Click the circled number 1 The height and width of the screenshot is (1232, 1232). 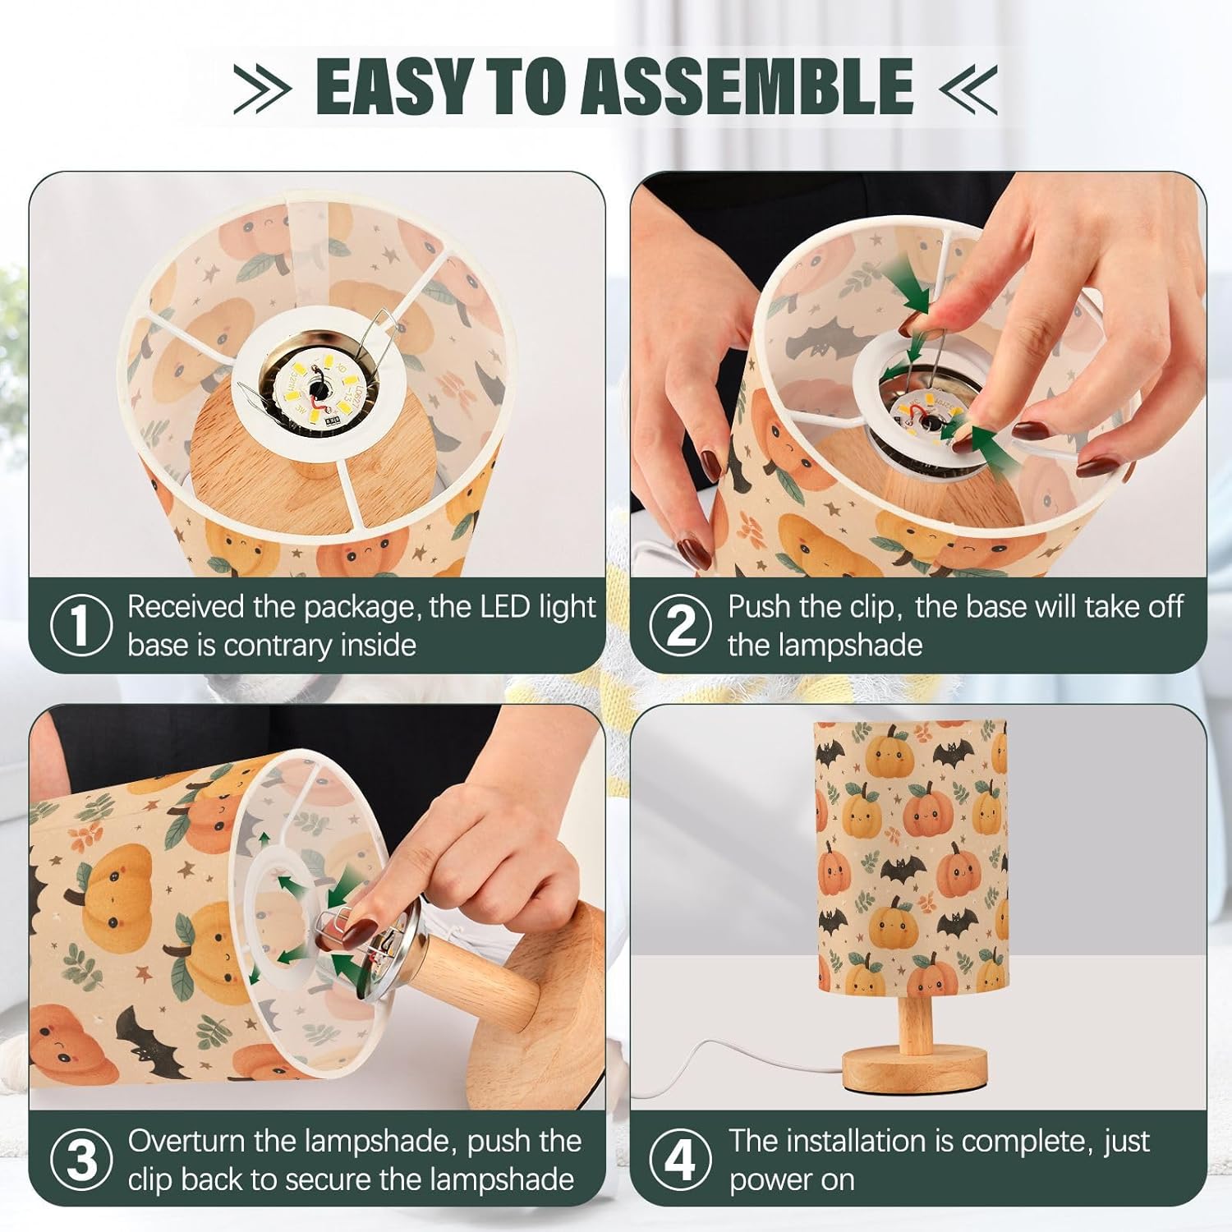[x=80, y=625]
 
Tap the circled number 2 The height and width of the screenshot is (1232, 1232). [x=681, y=625]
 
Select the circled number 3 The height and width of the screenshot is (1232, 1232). [x=80, y=1159]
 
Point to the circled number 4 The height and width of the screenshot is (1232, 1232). [x=681, y=1159]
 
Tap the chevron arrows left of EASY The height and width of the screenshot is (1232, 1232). [x=262, y=86]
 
